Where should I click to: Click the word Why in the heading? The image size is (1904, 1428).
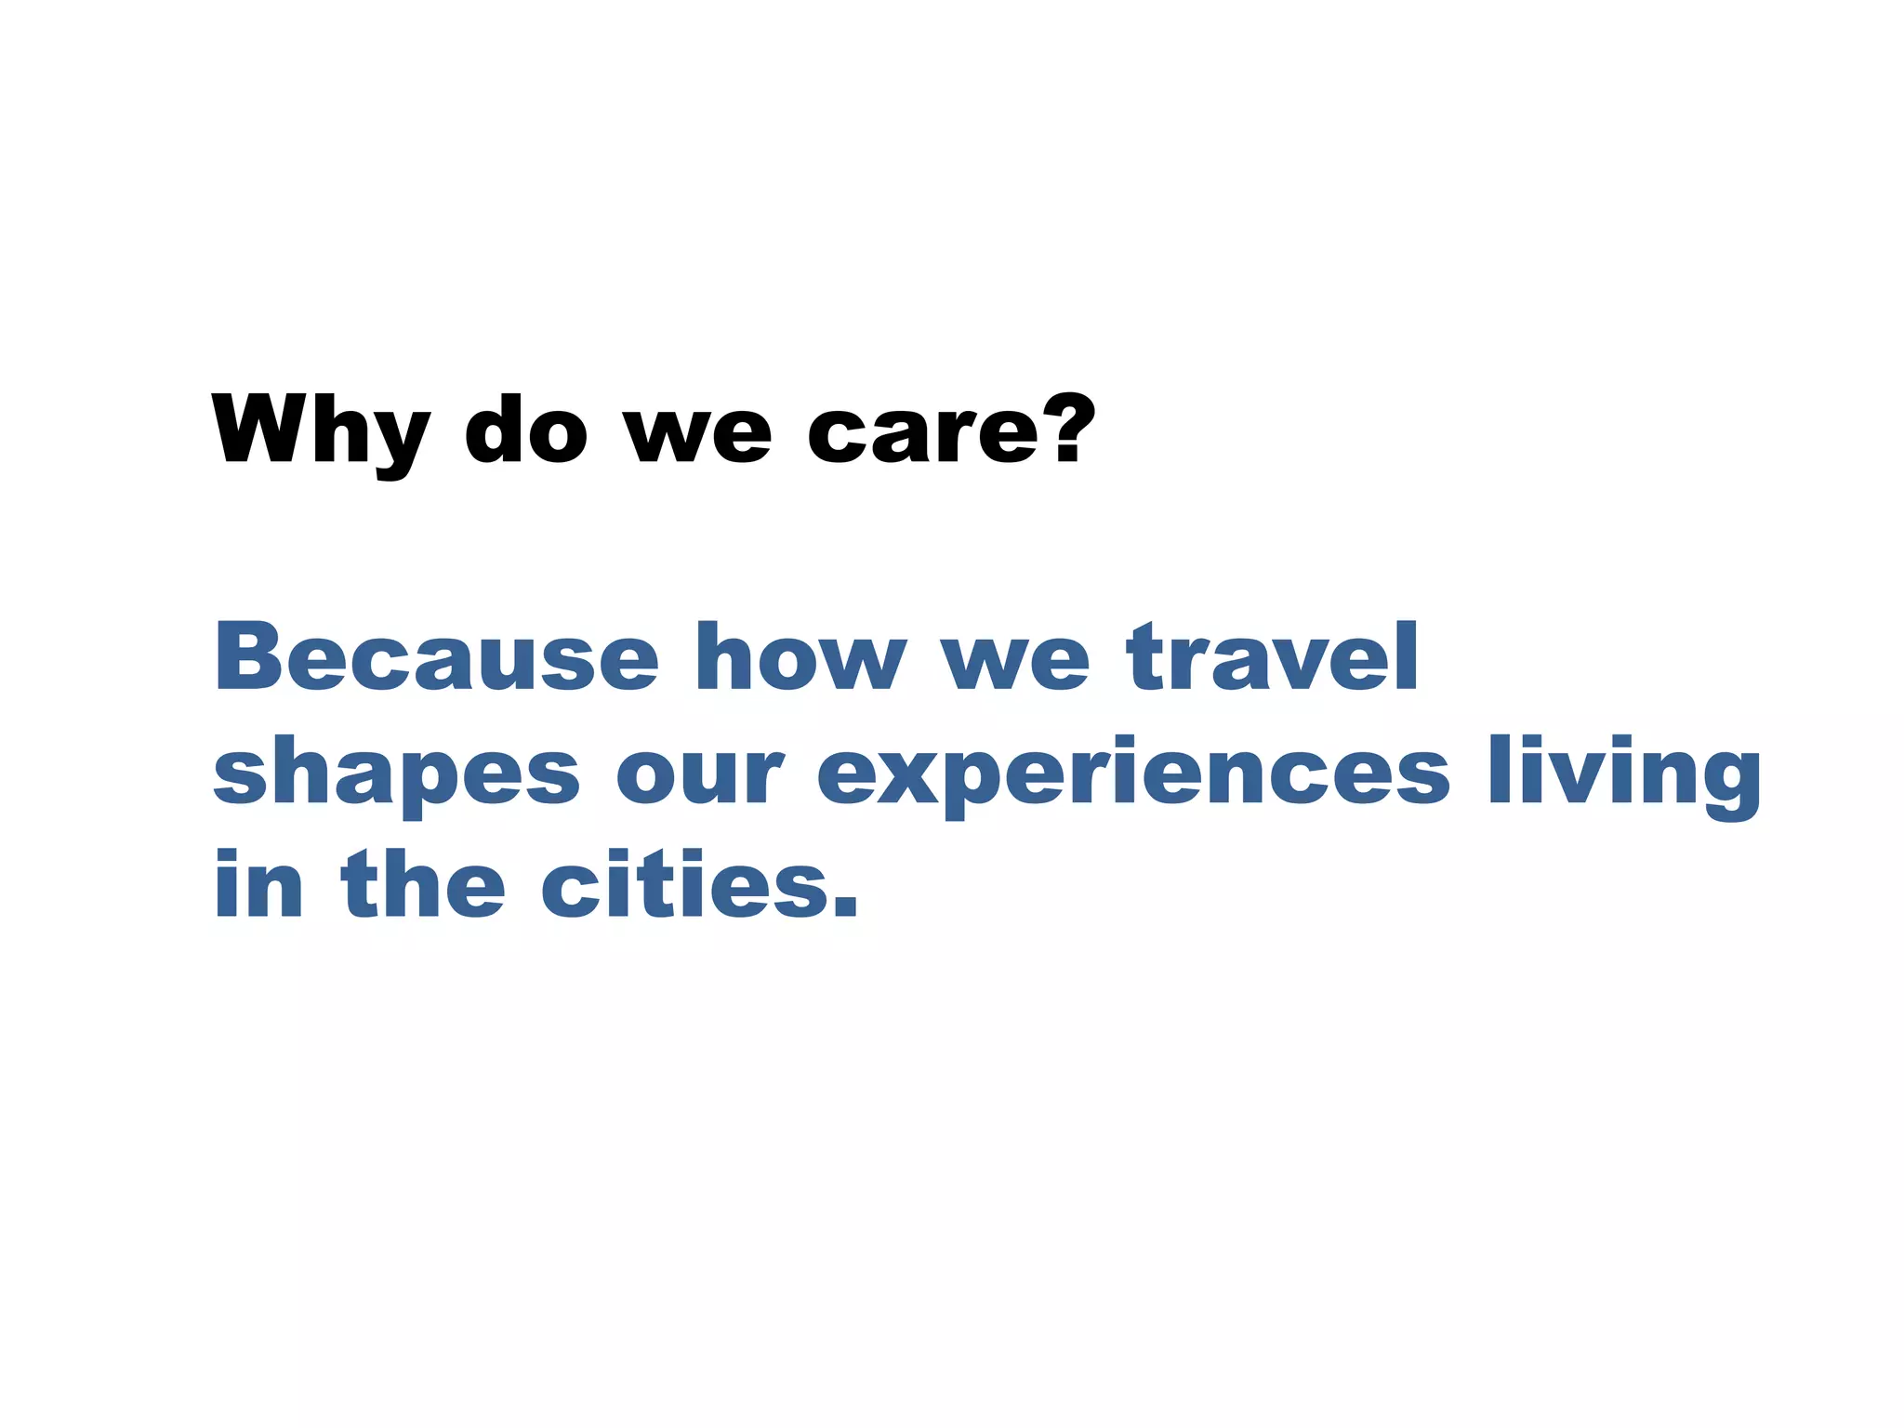(x=321, y=431)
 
